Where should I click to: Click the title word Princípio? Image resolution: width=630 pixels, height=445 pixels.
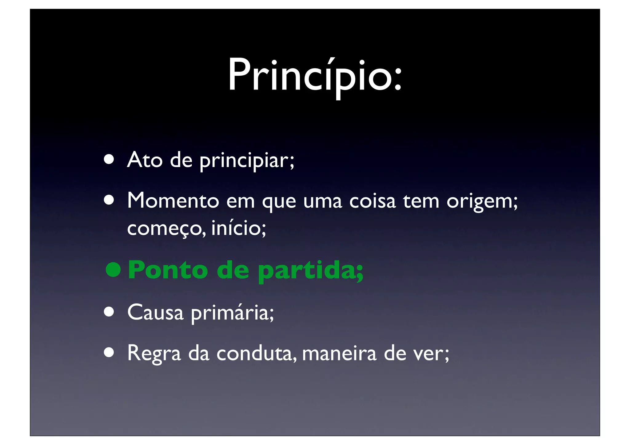311,75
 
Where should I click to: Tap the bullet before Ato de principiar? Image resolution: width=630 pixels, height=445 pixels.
109,160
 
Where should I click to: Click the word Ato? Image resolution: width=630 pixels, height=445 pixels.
145,160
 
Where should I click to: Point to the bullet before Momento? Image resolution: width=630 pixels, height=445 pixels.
109,201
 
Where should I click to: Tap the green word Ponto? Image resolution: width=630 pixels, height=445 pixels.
168,270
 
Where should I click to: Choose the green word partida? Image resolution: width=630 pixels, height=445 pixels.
308,271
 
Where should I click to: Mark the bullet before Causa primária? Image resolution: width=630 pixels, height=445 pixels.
109,312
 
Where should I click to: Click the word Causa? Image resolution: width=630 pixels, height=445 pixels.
155,312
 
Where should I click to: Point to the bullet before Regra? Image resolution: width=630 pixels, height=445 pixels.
109,353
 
